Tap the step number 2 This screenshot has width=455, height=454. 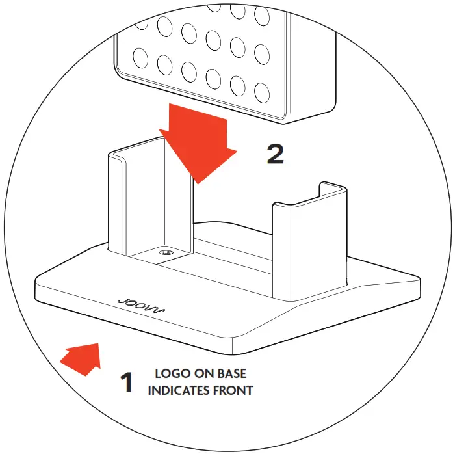pyautogui.click(x=276, y=154)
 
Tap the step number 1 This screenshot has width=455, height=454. pyautogui.click(x=127, y=382)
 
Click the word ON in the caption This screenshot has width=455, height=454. pyautogui.click(x=203, y=375)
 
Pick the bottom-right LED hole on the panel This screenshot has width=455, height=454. pyautogui.click(x=263, y=92)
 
